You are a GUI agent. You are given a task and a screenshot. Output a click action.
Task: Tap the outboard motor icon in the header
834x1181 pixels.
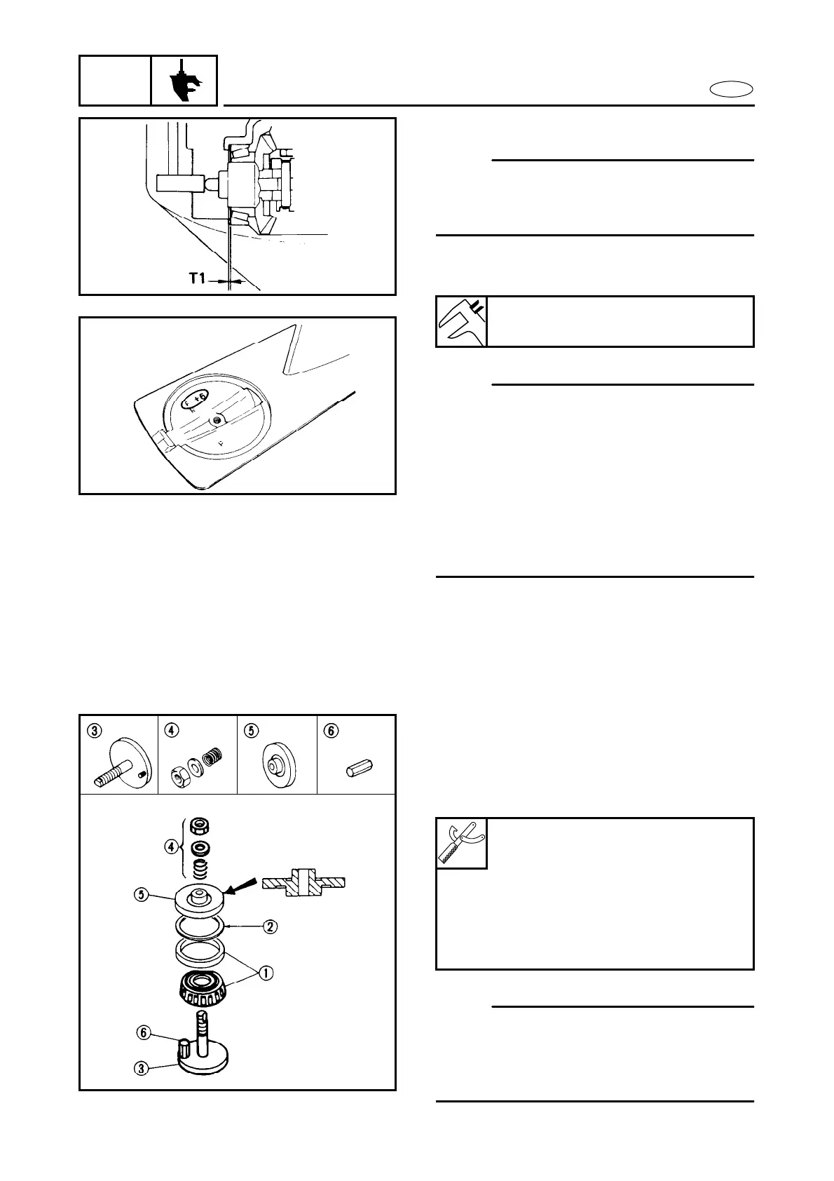tap(184, 81)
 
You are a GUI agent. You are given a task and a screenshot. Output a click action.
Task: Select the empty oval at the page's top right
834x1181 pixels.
tap(731, 89)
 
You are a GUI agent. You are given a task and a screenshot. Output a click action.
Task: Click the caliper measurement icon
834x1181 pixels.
tap(461, 322)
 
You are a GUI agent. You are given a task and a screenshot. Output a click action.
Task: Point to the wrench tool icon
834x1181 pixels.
tap(461, 843)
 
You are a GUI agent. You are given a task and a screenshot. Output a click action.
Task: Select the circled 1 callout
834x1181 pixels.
tap(266, 973)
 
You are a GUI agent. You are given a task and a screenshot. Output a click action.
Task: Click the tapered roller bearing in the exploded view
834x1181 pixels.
tap(202, 989)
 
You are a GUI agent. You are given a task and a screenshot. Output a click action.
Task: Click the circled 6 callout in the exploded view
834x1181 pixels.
tap(144, 1032)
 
